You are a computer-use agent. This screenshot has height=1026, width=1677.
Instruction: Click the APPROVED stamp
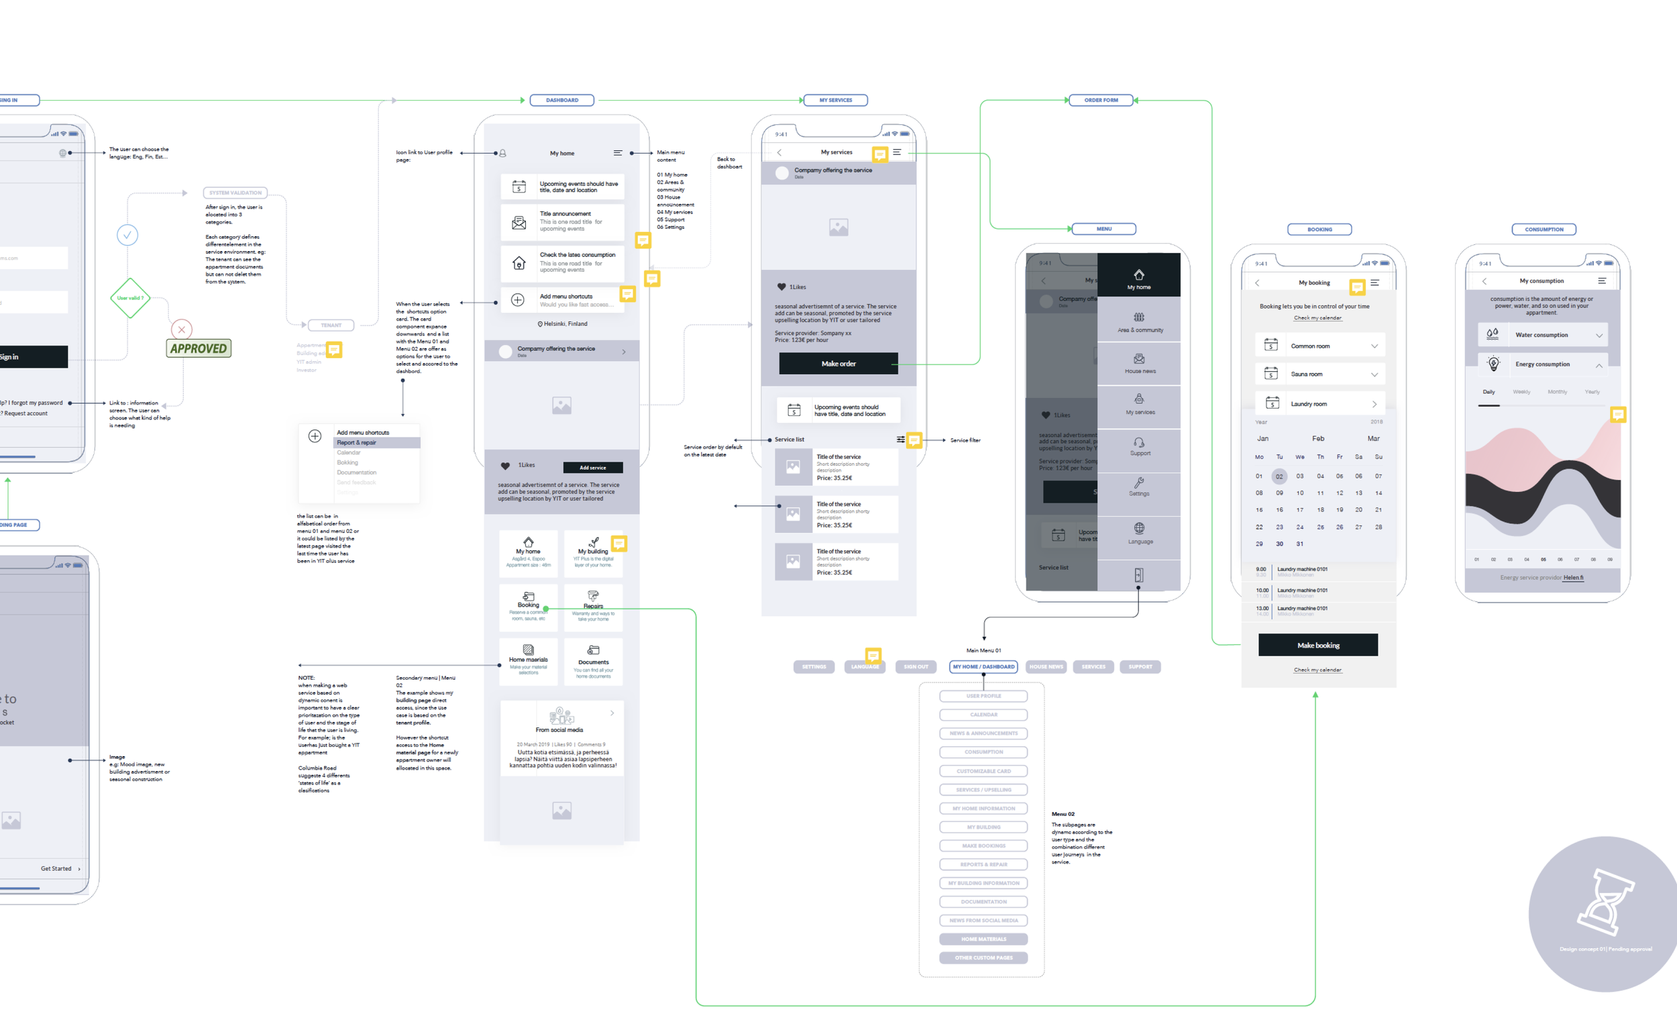[199, 348]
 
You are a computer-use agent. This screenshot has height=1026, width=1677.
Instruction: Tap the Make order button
[838, 364]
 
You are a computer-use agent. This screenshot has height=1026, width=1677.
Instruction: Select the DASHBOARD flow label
[561, 100]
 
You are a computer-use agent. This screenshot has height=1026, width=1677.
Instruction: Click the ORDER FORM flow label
[1101, 100]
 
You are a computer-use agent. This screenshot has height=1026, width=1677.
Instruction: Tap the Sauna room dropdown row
[1319, 374]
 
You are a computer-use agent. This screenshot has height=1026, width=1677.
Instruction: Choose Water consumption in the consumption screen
[1542, 335]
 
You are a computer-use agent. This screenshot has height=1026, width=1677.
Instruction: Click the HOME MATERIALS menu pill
[983, 939]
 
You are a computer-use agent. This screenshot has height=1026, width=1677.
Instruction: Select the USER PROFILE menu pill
[983, 696]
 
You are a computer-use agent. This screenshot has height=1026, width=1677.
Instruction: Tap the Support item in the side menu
[1139, 447]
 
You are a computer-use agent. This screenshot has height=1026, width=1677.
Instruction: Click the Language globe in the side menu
[1139, 529]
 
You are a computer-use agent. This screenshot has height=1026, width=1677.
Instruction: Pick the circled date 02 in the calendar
[1279, 476]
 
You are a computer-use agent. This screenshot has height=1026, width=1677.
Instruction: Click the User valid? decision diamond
[129, 298]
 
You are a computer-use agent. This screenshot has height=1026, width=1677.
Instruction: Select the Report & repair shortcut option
[376, 442]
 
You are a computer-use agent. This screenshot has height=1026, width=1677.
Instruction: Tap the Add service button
[592, 468]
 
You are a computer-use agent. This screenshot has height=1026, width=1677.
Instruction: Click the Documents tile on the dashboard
[593, 661]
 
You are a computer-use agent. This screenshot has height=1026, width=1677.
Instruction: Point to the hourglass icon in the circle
[1606, 902]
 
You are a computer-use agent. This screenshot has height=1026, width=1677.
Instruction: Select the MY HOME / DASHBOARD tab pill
[983, 666]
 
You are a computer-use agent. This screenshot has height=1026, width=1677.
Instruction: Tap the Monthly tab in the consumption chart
[1557, 392]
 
